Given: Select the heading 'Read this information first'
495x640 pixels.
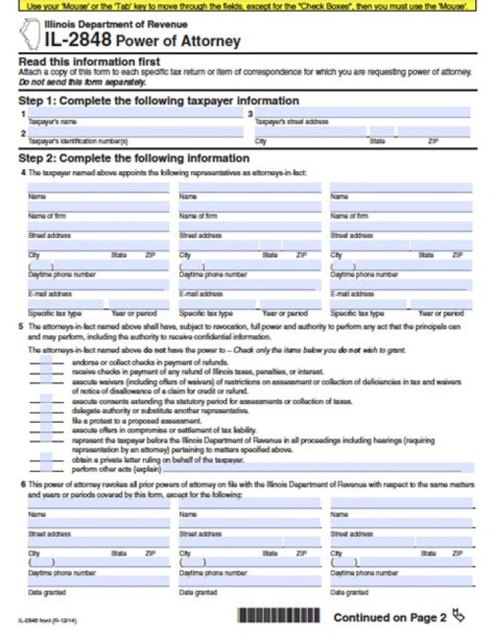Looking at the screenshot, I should [x=89, y=62].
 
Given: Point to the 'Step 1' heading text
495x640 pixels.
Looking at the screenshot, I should [x=158, y=101].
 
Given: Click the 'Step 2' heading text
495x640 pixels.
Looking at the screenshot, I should [x=133, y=158].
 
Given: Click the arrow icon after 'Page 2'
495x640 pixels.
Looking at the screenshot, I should [x=459, y=616].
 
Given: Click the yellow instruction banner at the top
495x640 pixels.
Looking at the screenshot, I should [x=247, y=5].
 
